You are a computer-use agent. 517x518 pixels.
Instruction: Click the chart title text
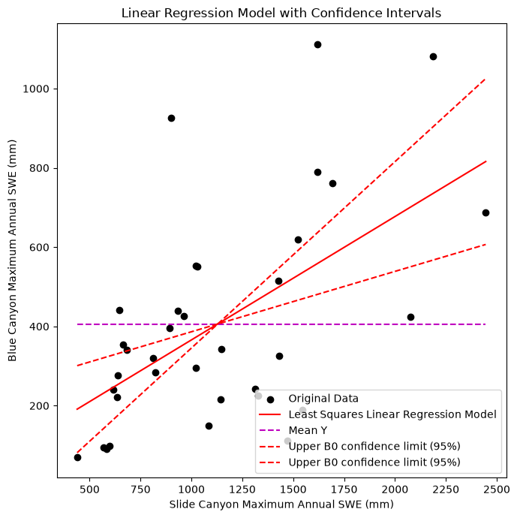281,14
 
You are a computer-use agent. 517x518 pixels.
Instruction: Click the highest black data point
317,44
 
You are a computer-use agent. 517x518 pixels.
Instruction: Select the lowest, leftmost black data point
77,457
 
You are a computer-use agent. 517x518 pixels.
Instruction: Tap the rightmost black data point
485,212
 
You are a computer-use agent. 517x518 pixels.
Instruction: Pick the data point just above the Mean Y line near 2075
410,317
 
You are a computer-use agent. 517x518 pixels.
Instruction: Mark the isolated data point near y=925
171,119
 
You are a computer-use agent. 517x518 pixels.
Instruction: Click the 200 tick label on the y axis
39,405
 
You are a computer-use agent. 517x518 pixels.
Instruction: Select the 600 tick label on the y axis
39,247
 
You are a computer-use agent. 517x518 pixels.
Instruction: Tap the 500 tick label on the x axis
89,489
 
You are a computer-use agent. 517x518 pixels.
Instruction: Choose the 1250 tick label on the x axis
242,489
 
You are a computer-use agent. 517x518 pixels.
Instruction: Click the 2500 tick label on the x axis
497,489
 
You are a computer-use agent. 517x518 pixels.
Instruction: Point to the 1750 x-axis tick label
344,489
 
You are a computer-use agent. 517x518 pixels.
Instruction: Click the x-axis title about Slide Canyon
281,504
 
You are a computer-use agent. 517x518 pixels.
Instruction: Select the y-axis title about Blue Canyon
12,251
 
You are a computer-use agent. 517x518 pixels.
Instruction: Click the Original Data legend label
323,399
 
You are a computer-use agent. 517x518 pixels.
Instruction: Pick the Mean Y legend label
308,430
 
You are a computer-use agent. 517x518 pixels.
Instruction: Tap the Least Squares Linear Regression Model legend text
392,414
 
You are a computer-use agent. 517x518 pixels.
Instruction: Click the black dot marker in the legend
270,399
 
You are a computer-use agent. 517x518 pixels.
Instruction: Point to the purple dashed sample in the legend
269,430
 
